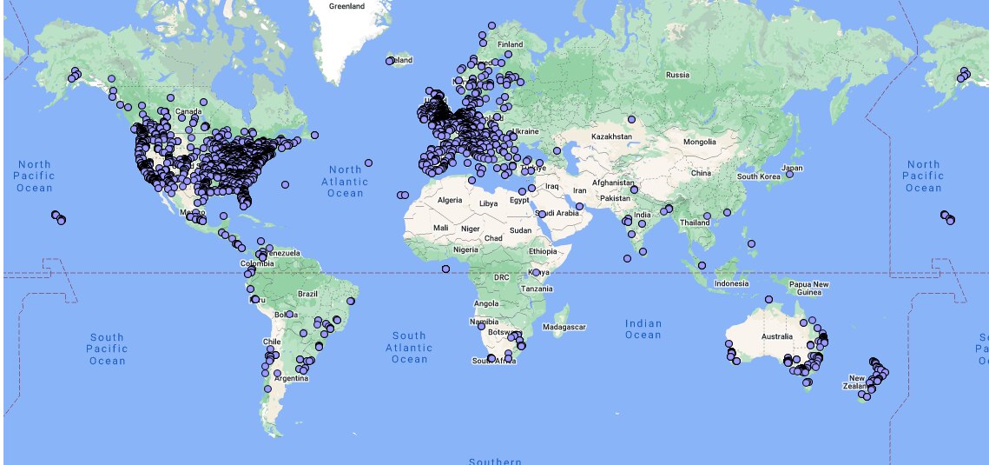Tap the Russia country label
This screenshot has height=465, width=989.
(x=677, y=75)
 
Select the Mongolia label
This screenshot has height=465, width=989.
(x=699, y=142)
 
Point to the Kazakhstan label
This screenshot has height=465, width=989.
(x=613, y=137)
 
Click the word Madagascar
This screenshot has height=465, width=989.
(x=564, y=327)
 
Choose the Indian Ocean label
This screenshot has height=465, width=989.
(x=643, y=329)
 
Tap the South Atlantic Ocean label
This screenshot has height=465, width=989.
(x=409, y=347)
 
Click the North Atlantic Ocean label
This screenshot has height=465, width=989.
(x=345, y=181)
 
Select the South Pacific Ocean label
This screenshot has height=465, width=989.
(x=108, y=349)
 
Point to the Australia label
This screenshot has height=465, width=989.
(x=777, y=336)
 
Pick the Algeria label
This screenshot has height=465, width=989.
(x=450, y=200)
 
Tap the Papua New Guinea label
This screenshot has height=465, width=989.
(x=808, y=288)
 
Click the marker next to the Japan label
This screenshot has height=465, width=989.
(x=790, y=175)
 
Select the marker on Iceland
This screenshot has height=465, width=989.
(x=390, y=61)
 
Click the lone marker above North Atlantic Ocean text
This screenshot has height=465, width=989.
(x=369, y=163)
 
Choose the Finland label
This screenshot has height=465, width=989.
(x=511, y=44)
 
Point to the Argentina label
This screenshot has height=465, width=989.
(x=292, y=378)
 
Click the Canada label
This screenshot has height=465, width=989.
(x=188, y=111)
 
